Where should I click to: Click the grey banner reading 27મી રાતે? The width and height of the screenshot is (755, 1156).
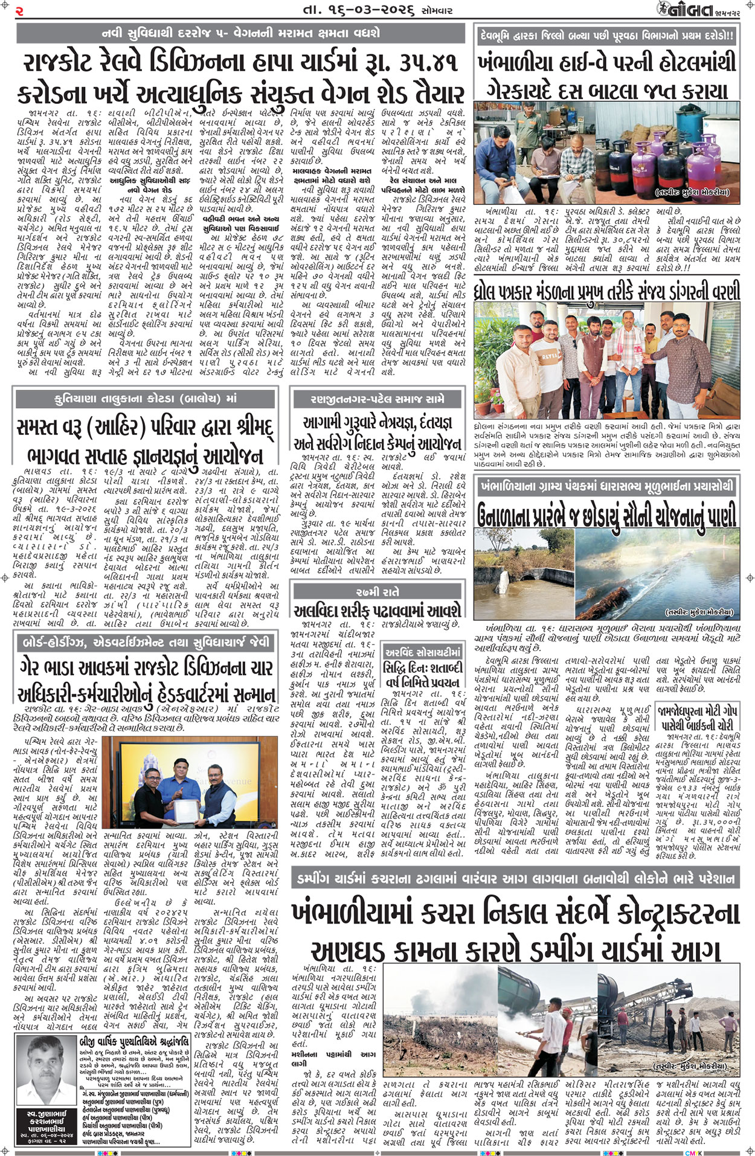377,592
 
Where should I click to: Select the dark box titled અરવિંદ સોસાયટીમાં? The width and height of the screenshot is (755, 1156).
423,652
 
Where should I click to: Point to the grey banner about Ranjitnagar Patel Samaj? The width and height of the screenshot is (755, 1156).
377,399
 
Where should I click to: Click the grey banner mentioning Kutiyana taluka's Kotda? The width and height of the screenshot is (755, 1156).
145,399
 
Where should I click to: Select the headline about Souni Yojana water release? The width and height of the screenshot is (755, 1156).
606,516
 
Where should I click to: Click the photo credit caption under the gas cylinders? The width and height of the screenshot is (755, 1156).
692,193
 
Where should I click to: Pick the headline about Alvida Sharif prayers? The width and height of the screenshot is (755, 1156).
377,610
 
